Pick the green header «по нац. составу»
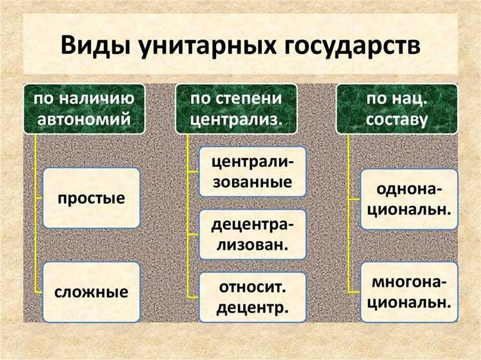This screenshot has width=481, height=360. point(398,108)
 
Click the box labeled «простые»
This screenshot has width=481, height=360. point(91,198)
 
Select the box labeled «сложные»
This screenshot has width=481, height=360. point(91,292)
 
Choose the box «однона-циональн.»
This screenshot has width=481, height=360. point(409,199)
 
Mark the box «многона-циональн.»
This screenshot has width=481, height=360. point(409,291)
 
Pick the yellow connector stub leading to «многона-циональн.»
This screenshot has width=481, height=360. point(355,291)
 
